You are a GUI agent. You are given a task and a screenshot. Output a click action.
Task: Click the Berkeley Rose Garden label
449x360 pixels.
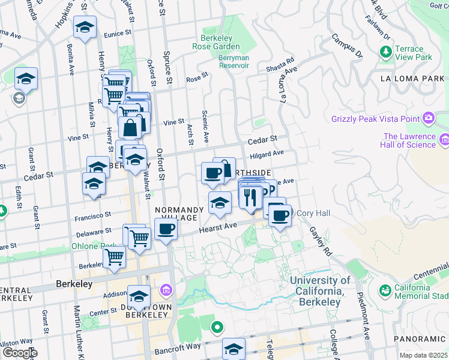tap(216, 41)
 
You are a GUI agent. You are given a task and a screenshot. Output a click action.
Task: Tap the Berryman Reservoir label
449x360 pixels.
tap(225, 62)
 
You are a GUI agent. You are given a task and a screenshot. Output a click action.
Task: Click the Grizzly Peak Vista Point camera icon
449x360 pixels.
tap(429, 118)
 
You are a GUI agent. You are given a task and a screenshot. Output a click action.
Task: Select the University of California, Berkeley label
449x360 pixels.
tap(320, 290)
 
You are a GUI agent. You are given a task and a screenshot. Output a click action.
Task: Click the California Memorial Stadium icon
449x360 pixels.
tap(385, 291)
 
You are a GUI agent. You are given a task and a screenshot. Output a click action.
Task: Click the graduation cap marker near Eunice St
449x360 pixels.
tap(85, 27)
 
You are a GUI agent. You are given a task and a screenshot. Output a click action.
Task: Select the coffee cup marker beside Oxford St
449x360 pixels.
tap(166, 229)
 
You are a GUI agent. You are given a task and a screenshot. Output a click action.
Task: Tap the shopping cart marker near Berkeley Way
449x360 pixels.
tap(114, 257)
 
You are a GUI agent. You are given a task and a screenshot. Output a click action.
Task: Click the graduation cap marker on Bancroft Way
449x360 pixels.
tap(234, 349)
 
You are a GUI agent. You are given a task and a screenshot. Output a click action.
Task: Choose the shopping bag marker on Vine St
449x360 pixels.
tap(130, 127)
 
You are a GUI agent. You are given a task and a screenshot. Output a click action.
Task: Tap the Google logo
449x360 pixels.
tap(19, 353)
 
